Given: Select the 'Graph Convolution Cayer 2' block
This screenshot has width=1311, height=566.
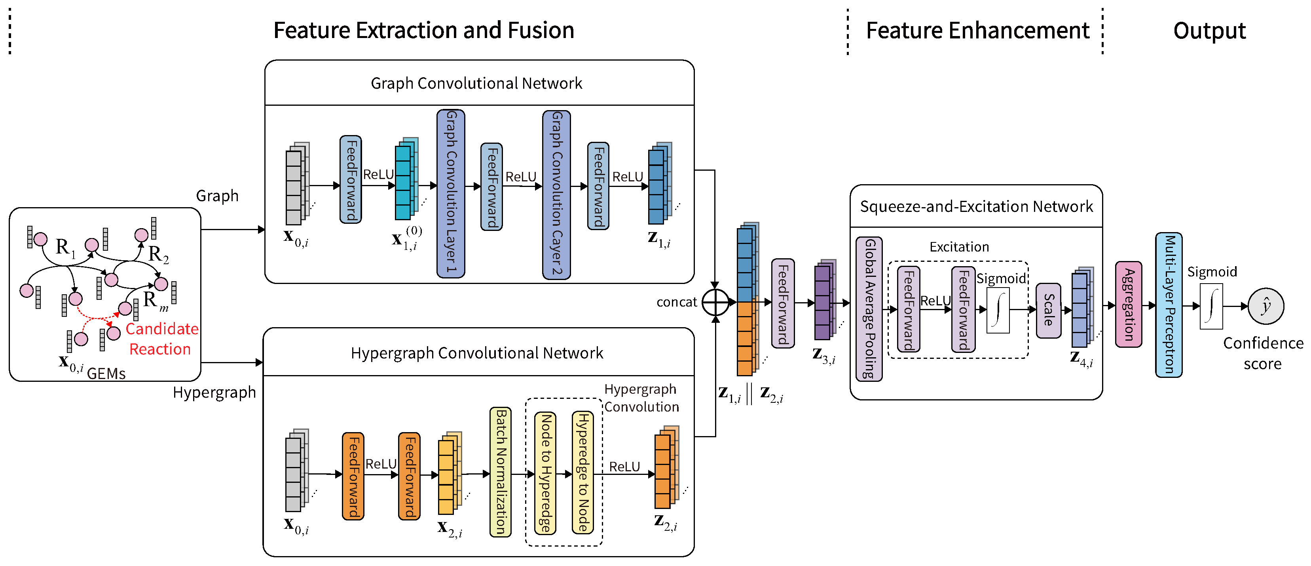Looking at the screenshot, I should (x=556, y=194).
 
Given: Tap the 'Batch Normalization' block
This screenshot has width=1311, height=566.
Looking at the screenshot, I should (x=500, y=471).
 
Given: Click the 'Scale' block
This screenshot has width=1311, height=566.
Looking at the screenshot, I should (x=1048, y=310).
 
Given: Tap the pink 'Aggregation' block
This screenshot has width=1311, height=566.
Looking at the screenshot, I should (x=1128, y=304).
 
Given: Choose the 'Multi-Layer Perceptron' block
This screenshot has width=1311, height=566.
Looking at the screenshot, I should (x=1169, y=305).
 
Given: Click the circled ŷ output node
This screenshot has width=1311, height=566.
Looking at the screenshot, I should (x=1266, y=306).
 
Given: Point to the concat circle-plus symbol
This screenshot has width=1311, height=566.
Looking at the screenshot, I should (x=715, y=303).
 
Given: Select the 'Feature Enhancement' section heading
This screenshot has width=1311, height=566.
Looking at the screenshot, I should (x=977, y=30).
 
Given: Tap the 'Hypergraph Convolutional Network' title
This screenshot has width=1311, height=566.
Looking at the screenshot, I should (x=477, y=353).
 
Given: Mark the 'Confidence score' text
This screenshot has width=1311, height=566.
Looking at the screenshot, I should (x=1263, y=353).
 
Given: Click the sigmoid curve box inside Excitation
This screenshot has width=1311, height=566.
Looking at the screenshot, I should (x=998, y=310).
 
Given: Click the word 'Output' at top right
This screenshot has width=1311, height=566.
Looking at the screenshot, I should (x=1209, y=30).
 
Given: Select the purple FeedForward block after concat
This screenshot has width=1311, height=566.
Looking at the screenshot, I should (x=783, y=303).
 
